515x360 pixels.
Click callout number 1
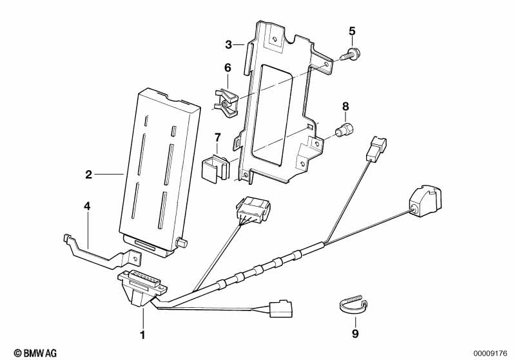click(x=142, y=335)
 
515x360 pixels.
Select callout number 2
click(x=88, y=175)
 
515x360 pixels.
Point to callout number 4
click(x=87, y=206)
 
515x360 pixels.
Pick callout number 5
click(x=352, y=30)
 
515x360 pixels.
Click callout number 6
click(x=227, y=68)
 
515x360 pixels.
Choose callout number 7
click(x=217, y=137)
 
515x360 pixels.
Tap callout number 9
click(x=354, y=334)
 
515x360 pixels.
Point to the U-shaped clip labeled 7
click(x=217, y=166)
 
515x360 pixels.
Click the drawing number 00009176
click(x=491, y=353)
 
